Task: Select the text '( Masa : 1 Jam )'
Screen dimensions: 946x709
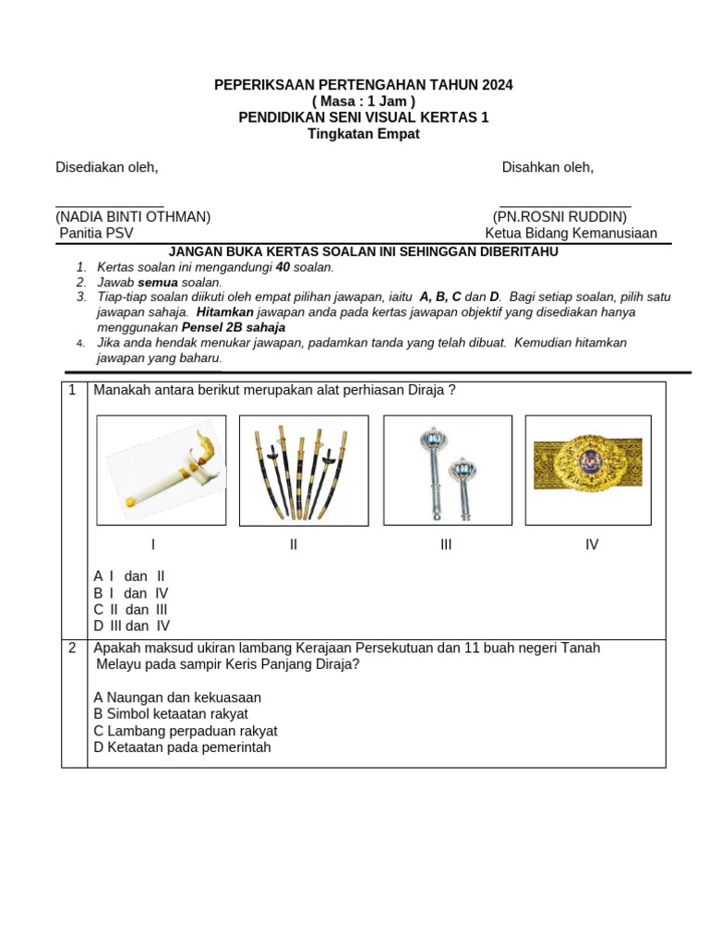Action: point(363,101)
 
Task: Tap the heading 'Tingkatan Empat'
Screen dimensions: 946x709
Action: point(363,133)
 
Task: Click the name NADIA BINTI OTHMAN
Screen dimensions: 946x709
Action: point(133,217)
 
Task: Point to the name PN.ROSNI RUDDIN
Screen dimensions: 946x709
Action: point(559,217)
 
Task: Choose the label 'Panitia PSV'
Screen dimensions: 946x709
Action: point(96,233)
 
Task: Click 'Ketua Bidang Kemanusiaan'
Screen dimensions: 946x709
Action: point(571,233)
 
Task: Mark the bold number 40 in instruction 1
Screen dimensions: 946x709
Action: point(283,267)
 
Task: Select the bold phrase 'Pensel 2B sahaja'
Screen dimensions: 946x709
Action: point(234,327)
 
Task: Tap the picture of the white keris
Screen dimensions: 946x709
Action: point(162,469)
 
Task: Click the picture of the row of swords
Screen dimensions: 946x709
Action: point(304,469)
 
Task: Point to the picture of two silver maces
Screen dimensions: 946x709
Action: point(448,469)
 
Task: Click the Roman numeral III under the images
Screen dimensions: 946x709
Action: point(446,545)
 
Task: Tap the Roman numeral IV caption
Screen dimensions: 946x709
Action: point(592,545)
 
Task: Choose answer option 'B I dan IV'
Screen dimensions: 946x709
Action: point(131,594)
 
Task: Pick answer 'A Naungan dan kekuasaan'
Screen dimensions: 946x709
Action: point(177,697)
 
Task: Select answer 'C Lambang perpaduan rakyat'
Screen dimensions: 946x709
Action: point(185,731)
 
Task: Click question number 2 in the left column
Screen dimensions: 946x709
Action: point(73,649)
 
